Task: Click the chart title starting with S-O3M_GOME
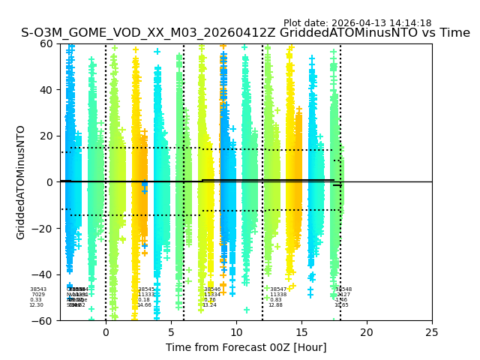(x=245, y=33)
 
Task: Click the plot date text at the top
(x=357, y=23)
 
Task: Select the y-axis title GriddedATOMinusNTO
(x=21, y=182)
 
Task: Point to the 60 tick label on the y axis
(x=46, y=43)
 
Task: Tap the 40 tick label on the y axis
(x=46, y=90)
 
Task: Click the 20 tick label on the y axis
(x=46, y=136)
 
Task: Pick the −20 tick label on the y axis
(x=43, y=228)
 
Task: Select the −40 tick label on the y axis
(x=43, y=274)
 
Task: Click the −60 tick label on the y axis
(x=43, y=320)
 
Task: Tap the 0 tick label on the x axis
(x=106, y=332)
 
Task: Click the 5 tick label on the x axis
(x=171, y=332)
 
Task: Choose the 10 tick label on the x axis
(x=236, y=332)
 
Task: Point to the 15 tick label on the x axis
(x=301, y=332)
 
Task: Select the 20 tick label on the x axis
(x=367, y=332)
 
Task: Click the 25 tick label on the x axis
(x=432, y=332)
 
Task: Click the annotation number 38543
(x=37, y=289)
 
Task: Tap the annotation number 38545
(x=145, y=289)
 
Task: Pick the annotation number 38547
(x=277, y=289)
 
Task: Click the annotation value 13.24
(x=208, y=305)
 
